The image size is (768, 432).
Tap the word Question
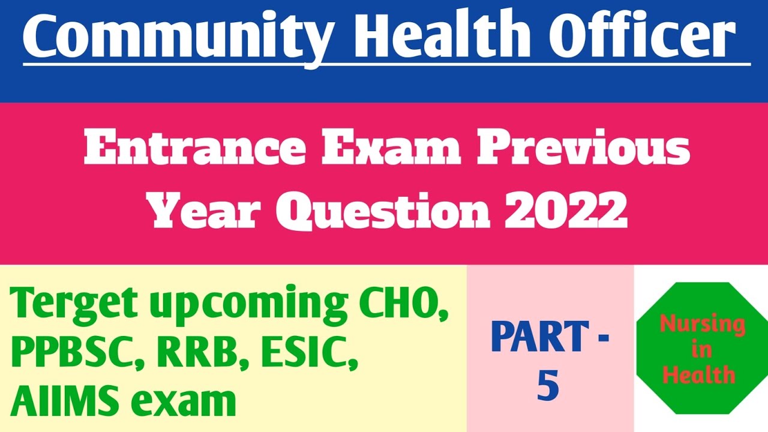pyautogui.click(x=384, y=210)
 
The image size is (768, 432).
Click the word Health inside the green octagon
pyautogui.click(x=699, y=374)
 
